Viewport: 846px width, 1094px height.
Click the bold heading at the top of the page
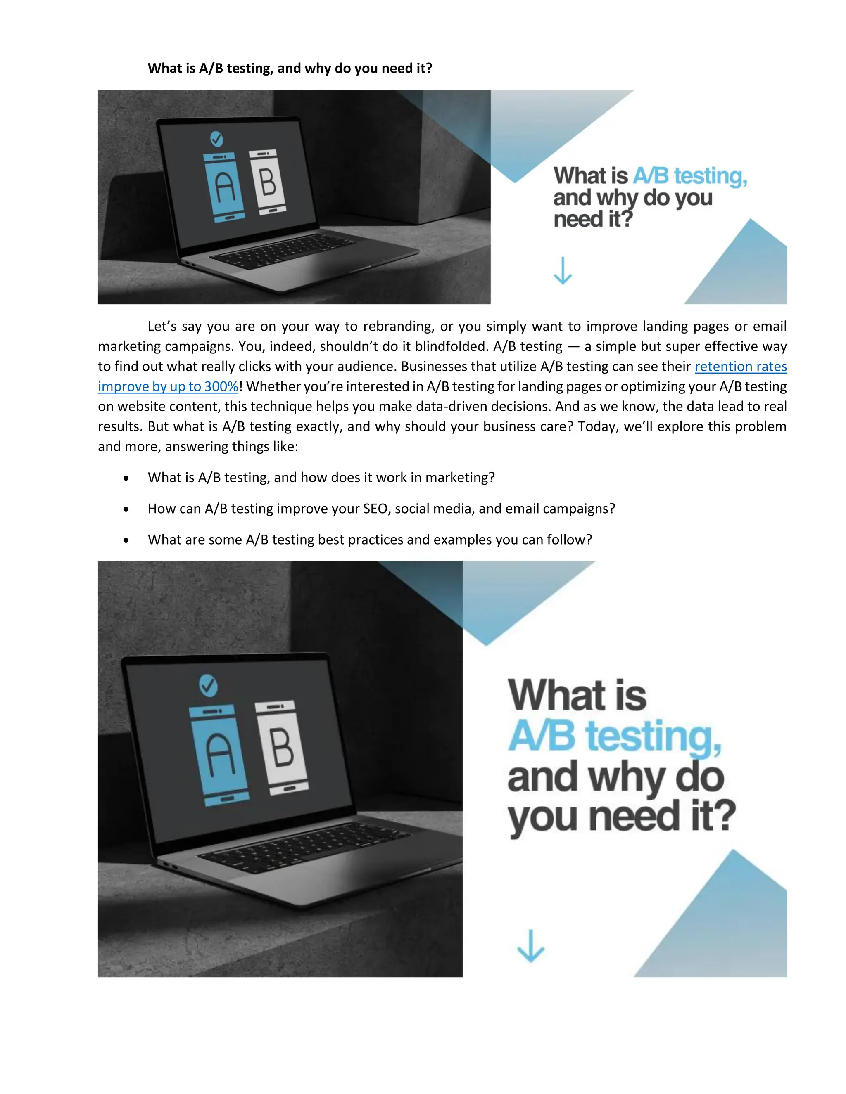290,68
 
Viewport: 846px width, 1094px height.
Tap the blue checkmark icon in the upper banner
216,139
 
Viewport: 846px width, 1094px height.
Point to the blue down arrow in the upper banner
562,271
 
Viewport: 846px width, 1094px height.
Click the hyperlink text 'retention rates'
740,366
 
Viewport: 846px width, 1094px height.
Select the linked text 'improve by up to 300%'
168,386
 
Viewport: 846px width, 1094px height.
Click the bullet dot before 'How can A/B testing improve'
126,509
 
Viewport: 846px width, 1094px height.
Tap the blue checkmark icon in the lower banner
208,685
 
